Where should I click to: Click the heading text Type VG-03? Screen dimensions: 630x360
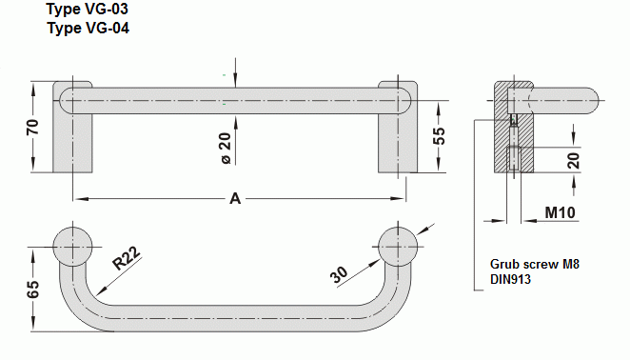[x=88, y=9]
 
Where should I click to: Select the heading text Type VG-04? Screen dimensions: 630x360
[x=88, y=29]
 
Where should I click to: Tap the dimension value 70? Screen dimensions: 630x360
[x=33, y=127]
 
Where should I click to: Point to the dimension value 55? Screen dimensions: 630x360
[x=440, y=136]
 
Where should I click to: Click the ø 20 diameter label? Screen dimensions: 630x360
[x=226, y=149]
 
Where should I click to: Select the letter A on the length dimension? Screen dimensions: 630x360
[x=235, y=198]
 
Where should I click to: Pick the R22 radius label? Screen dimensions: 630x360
[x=127, y=258]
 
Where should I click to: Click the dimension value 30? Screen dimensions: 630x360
[x=339, y=274]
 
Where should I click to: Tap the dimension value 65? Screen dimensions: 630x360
[x=33, y=290]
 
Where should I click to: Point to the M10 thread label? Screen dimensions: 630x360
[x=561, y=212]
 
